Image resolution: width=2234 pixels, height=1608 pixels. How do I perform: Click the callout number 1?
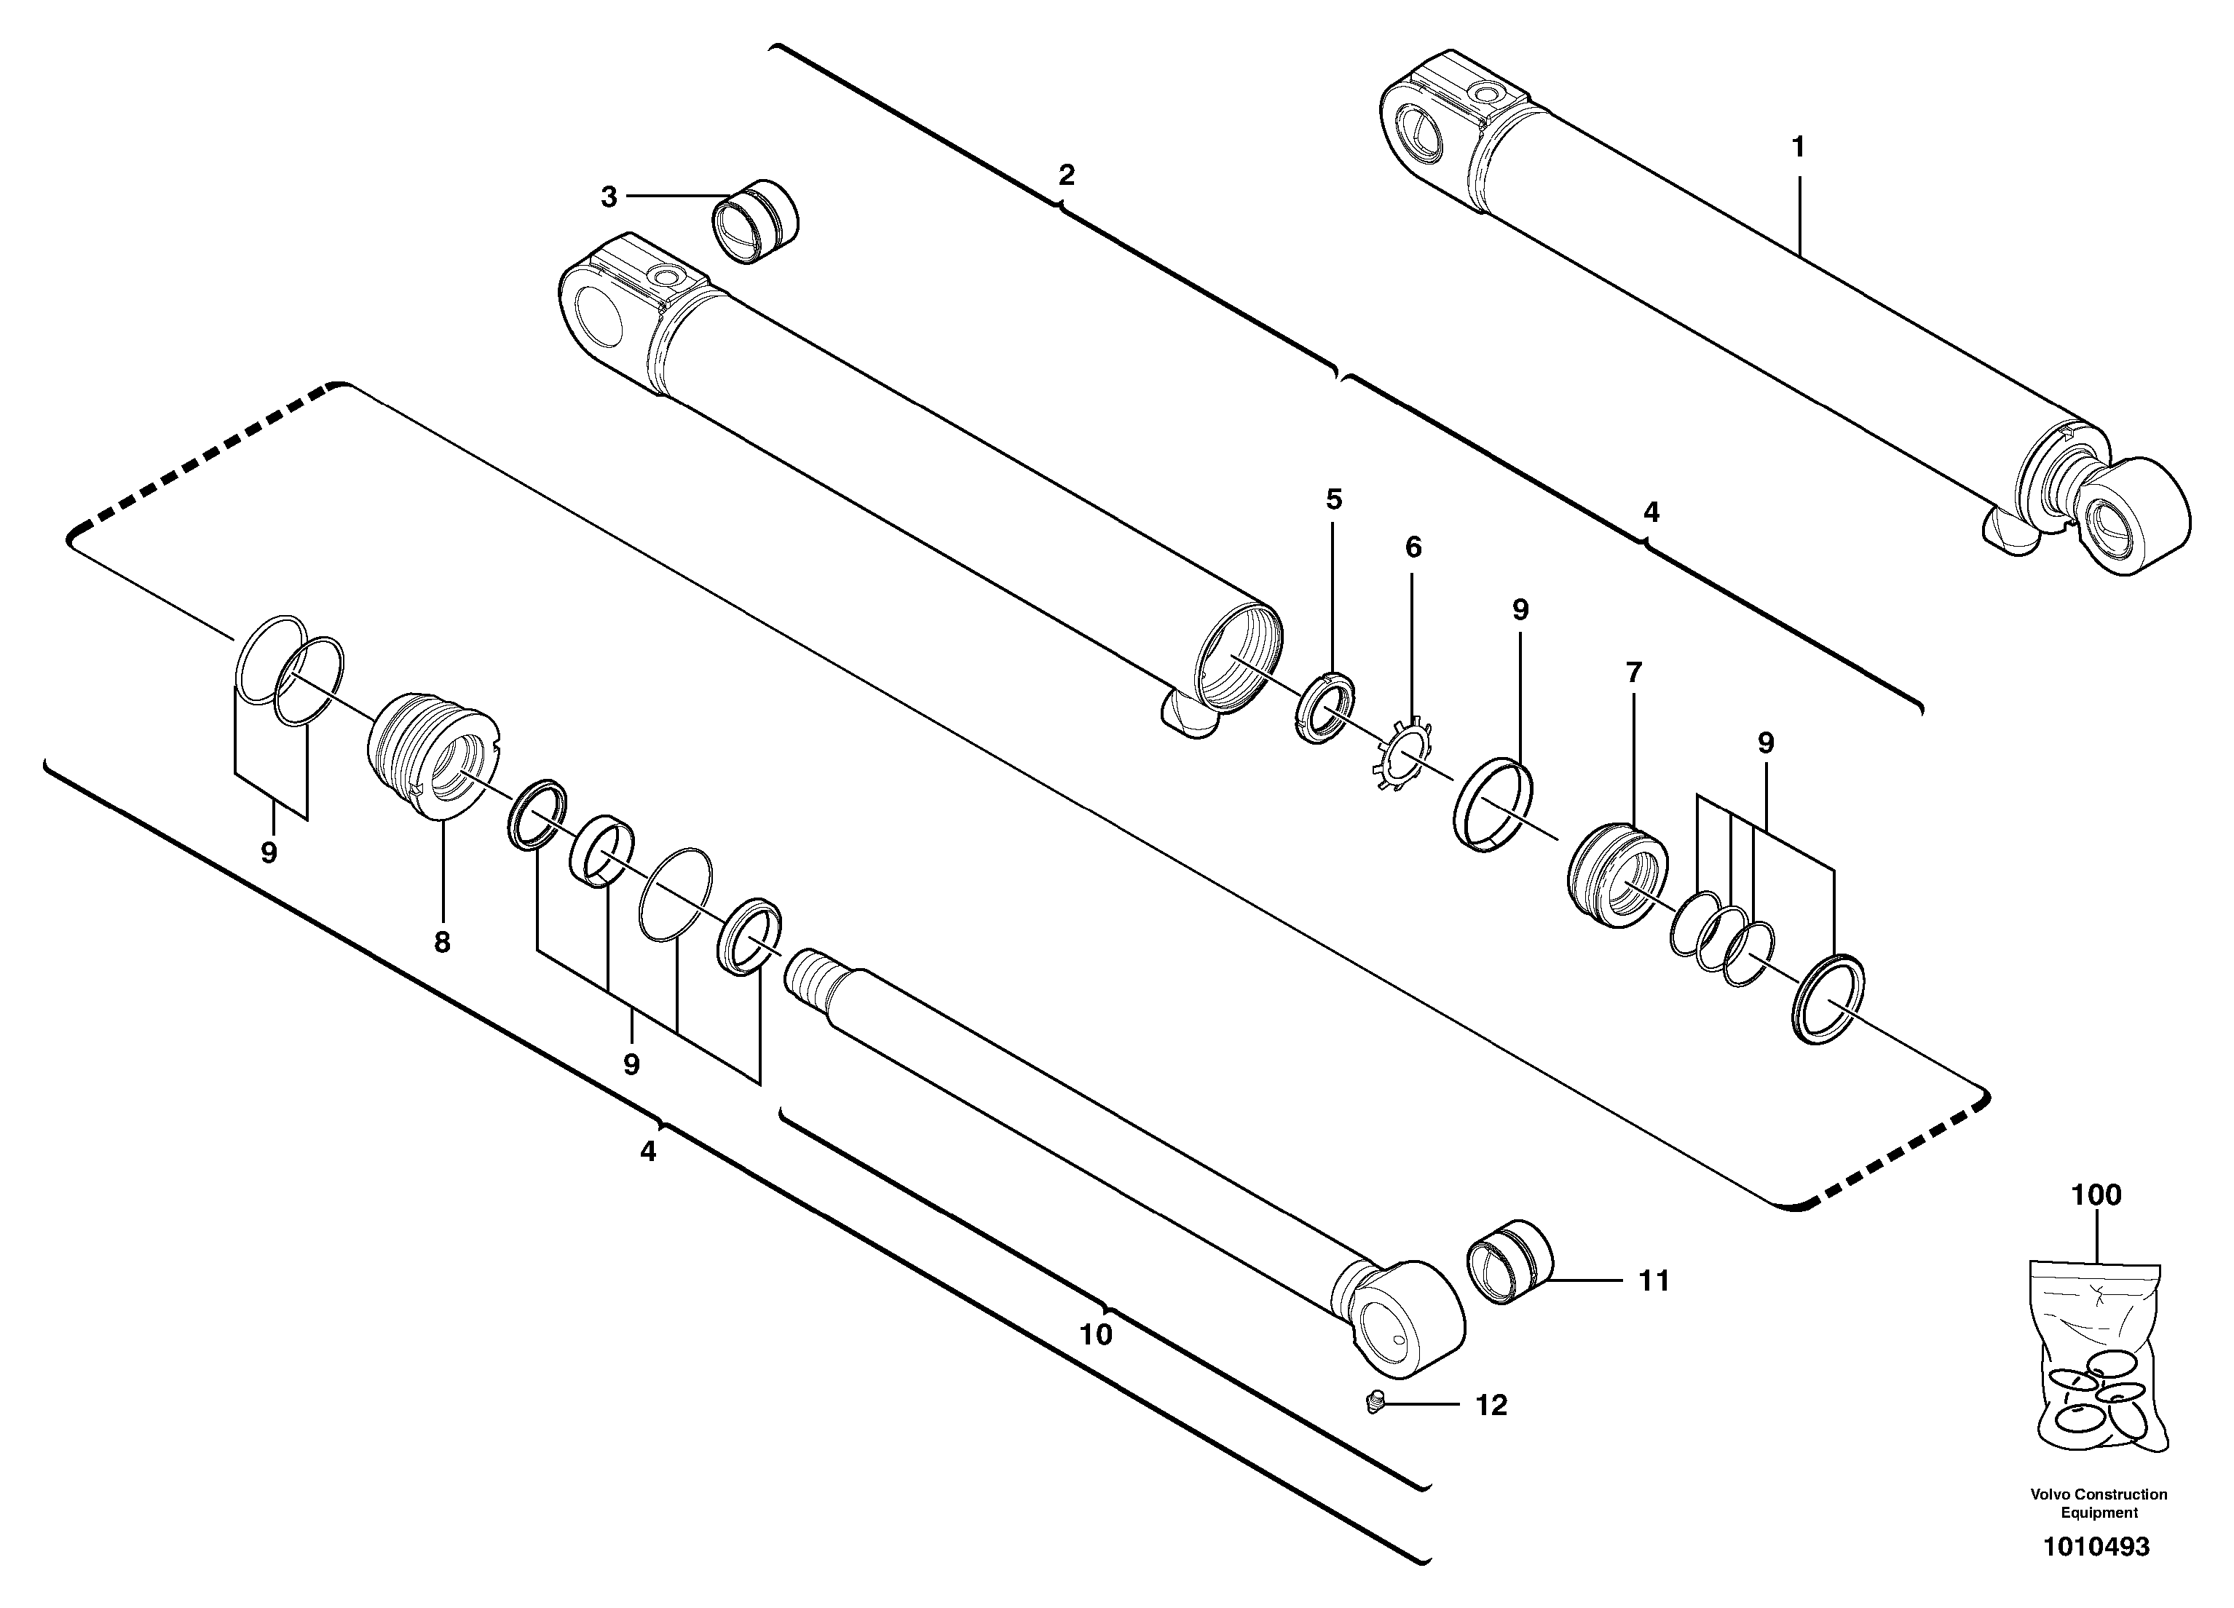(x=1798, y=148)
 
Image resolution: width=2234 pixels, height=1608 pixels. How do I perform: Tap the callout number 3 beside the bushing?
(x=609, y=198)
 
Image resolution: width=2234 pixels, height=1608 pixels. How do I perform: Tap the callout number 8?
(x=442, y=943)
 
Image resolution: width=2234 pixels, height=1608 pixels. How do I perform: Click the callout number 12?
(x=1491, y=1405)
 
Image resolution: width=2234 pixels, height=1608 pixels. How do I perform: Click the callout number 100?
(x=2096, y=1195)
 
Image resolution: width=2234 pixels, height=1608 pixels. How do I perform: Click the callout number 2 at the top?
(x=1066, y=175)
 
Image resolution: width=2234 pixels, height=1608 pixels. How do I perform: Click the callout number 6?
(x=1413, y=547)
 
